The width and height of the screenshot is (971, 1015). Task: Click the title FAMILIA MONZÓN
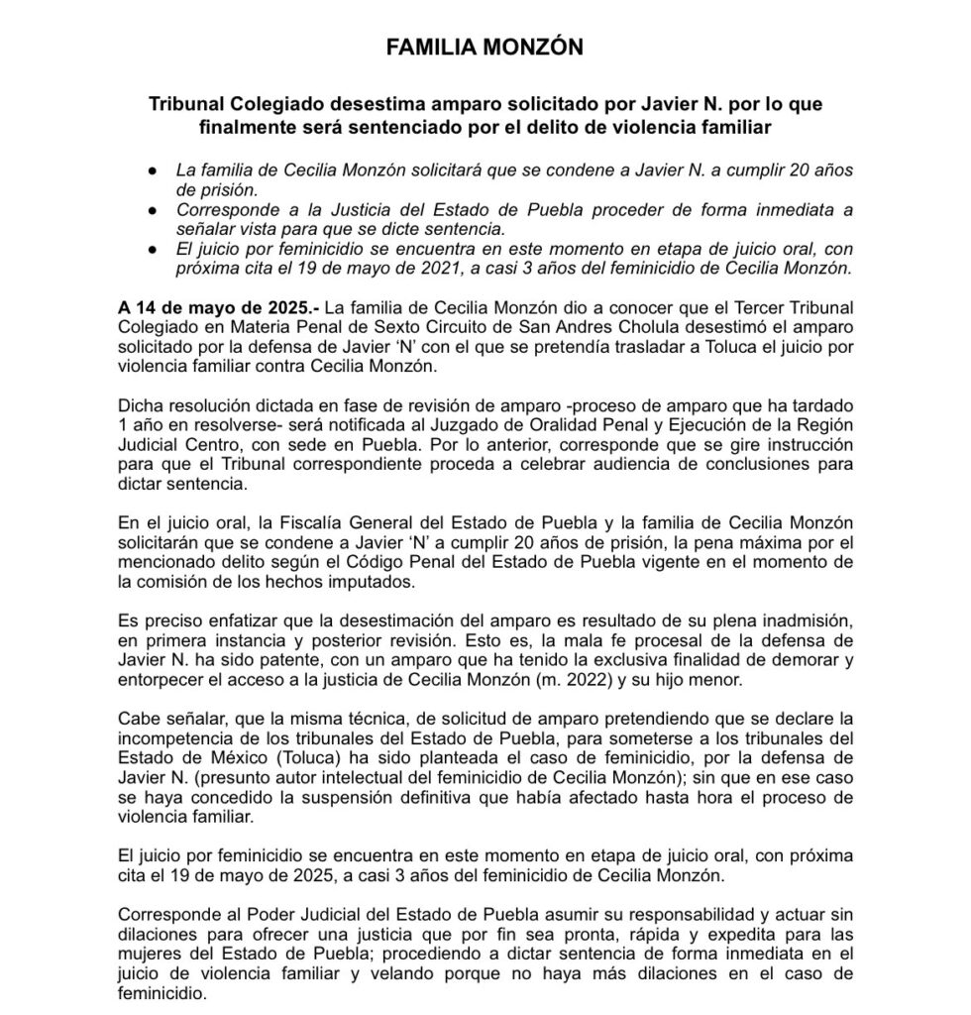click(485, 46)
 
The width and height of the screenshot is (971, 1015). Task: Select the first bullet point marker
click(153, 170)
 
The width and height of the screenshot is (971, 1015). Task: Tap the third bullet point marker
click(153, 251)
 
